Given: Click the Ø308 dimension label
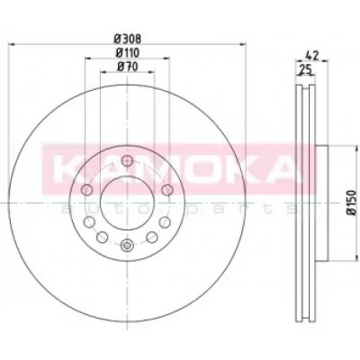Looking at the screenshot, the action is (x=128, y=38).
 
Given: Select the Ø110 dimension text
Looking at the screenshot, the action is (x=128, y=53).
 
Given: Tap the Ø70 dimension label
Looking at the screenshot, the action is (x=128, y=67).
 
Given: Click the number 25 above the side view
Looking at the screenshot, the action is (x=306, y=70).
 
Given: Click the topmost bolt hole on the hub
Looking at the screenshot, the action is (x=128, y=160).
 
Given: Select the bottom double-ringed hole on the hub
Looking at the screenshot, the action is (x=128, y=246).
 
